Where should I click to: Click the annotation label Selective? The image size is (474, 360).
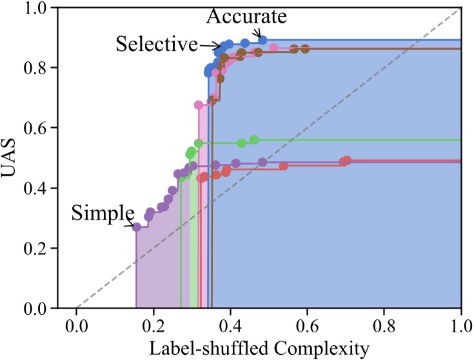[157, 44]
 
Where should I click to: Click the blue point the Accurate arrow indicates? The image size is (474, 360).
[262, 40]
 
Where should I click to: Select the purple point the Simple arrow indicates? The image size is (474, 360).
[136, 226]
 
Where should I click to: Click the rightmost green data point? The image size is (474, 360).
[254, 140]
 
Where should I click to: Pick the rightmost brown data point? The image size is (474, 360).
[305, 48]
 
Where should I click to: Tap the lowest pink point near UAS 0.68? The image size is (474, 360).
[199, 105]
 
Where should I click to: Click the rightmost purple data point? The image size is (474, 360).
[262, 162]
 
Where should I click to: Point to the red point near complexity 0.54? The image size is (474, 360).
[284, 166]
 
